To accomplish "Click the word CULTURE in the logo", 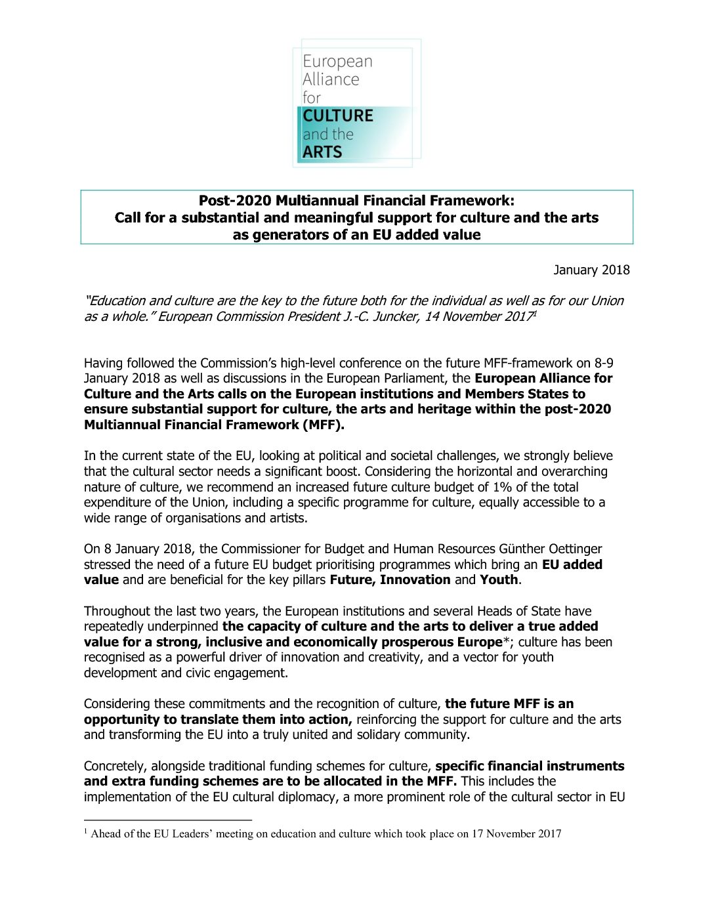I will [338, 116].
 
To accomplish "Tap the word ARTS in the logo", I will [322, 152].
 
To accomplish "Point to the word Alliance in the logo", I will [331, 79].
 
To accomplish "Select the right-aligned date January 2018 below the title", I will [591, 270].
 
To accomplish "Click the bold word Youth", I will [499, 580].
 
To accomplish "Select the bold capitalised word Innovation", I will [415, 580].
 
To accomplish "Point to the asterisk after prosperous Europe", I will [506, 641].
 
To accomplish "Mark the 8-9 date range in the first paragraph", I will [604, 363].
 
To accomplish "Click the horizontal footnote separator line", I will [168, 820].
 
